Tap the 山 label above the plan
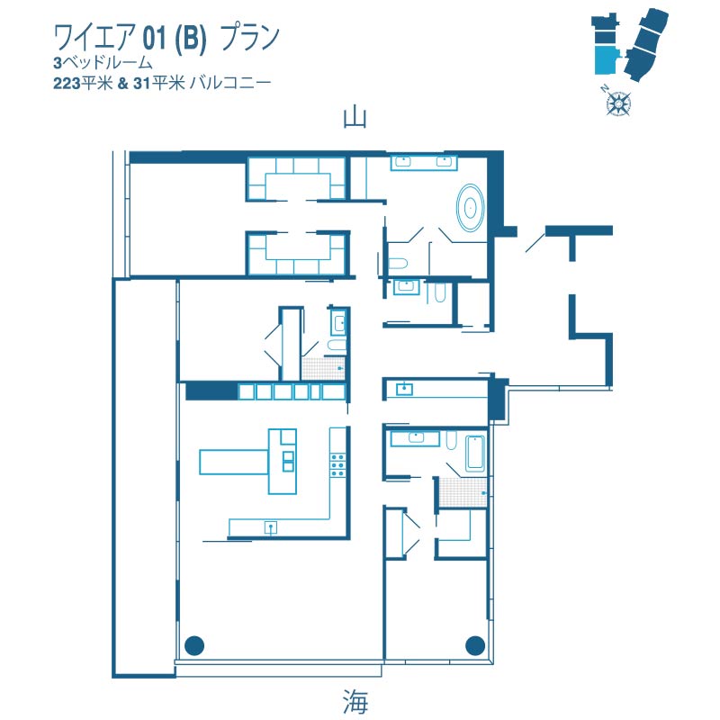point(355,118)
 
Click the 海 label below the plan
point(355,701)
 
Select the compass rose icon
point(618,103)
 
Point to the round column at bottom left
point(194,645)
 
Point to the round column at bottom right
point(475,645)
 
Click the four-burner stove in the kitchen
point(337,464)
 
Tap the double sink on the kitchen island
point(288,461)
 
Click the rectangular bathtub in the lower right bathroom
point(475,454)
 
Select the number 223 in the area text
point(67,84)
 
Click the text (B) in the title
point(190,38)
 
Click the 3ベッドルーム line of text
point(103,62)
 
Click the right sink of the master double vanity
point(444,161)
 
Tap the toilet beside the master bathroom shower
point(398,264)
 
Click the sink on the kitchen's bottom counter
point(271,527)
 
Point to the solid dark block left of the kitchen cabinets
point(211,391)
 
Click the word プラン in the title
point(250,37)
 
